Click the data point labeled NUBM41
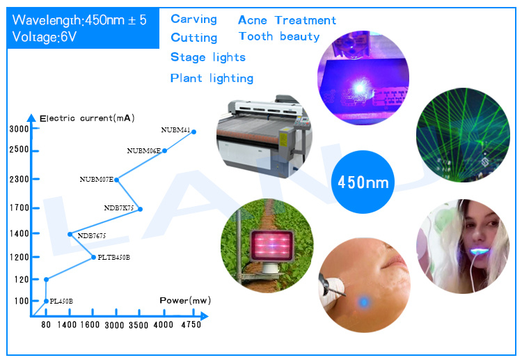click(x=193, y=132)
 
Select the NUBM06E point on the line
click(x=164, y=151)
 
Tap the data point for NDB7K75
click(x=140, y=209)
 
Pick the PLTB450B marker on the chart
click(x=93, y=257)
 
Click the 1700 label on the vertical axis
click(x=19, y=208)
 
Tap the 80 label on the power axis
click(x=46, y=324)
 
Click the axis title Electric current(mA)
click(x=87, y=118)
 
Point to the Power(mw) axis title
click(x=185, y=300)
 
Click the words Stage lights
click(x=208, y=57)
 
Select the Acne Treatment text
click(x=287, y=20)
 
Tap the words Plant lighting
click(x=212, y=78)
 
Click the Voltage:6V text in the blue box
click(x=45, y=37)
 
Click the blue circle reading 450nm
click(x=363, y=182)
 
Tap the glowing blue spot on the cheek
click(x=364, y=302)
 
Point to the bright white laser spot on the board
click(x=359, y=88)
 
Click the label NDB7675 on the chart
click(x=92, y=236)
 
